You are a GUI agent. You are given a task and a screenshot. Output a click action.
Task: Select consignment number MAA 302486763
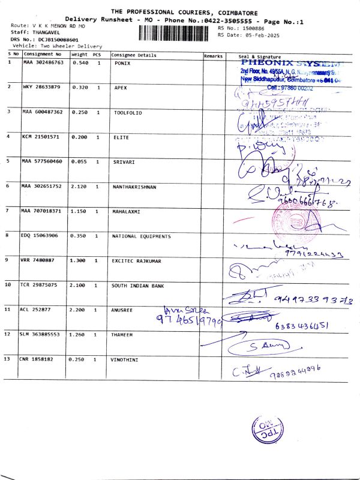(43, 62)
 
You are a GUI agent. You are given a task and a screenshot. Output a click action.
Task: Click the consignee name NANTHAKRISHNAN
(134, 187)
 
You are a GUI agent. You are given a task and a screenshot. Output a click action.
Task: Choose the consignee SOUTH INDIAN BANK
(138, 286)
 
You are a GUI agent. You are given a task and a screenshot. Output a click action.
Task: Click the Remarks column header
(213, 55)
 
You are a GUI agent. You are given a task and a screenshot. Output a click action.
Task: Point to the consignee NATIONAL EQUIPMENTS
(142, 236)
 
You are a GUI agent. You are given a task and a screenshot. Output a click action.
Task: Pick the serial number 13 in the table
(7, 359)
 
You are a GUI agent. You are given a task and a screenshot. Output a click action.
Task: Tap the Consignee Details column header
(134, 55)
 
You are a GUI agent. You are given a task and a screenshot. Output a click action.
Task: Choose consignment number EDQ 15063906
(40, 236)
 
